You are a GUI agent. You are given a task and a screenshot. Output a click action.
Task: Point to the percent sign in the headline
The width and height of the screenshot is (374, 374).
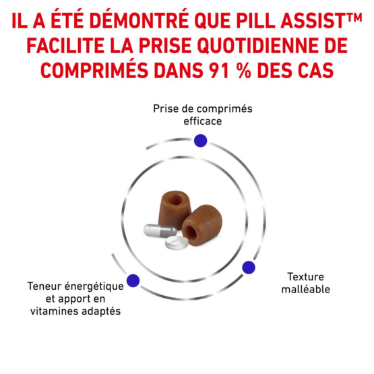tap(244, 70)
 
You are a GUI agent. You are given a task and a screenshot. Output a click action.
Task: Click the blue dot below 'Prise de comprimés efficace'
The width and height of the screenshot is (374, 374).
tap(200, 140)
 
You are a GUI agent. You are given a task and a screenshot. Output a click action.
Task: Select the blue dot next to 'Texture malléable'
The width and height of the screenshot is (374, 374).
tap(249, 268)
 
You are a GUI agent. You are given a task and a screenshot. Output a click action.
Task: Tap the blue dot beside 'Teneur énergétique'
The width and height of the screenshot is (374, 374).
tap(133, 280)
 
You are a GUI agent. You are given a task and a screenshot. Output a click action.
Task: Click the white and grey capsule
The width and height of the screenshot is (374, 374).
tap(160, 230)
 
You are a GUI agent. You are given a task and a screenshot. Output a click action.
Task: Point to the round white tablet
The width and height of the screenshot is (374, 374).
tap(177, 243)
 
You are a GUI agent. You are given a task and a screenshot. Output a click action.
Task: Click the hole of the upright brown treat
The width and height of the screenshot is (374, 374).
tap(176, 199)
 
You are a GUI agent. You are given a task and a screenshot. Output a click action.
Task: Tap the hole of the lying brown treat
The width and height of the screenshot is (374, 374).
tap(191, 232)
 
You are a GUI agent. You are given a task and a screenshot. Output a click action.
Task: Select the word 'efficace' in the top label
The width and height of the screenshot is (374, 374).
tap(203, 121)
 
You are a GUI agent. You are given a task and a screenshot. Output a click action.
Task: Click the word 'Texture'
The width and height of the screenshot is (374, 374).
tap(305, 277)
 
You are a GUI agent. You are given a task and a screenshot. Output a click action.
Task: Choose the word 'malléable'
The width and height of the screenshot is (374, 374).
tap(305, 289)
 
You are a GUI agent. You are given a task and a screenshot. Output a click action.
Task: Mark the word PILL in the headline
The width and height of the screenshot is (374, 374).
tap(256, 20)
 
